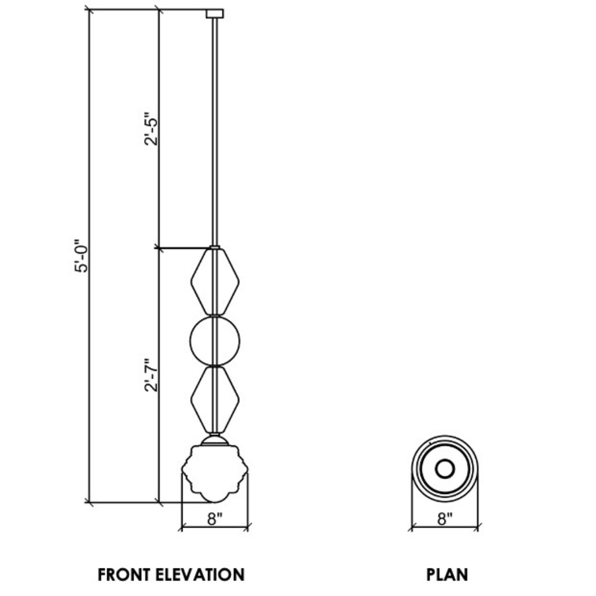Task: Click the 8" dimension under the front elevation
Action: click(x=215, y=519)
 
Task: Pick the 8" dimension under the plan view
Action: click(x=445, y=519)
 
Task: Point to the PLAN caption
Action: click(x=447, y=574)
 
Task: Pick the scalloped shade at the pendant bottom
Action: click(x=215, y=472)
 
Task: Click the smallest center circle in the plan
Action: click(x=444, y=469)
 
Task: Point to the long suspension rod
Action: click(x=214, y=132)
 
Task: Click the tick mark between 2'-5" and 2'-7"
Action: click(x=159, y=248)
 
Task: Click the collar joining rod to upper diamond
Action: click(x=214, y=247)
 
